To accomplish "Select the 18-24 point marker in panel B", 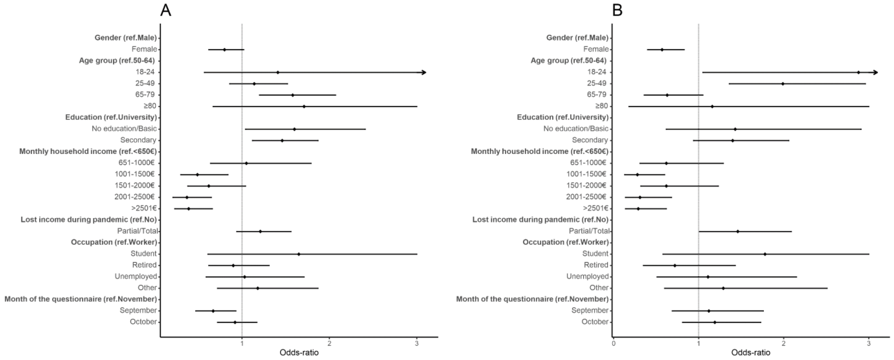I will point(858,73).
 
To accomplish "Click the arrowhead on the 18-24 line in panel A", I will point(423,73).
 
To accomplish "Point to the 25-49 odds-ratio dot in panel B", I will point(783,84).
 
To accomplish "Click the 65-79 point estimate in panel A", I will point(292,95).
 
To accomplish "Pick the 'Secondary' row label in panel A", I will point(138,140).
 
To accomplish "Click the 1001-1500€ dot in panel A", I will point(197,175).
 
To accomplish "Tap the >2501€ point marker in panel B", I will point(638,209).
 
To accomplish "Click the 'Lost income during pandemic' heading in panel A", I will point(88,219).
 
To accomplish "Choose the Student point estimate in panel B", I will point(765,254).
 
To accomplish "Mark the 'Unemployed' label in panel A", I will point(136,276).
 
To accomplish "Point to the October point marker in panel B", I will point(715,322).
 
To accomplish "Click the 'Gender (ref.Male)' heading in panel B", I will point(577,38).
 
